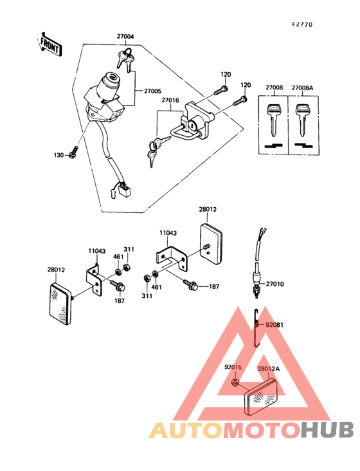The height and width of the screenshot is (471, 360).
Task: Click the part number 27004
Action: point(125,37)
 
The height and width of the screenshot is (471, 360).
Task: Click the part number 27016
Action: point(170,100)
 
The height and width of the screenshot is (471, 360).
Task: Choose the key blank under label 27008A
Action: point(301,120)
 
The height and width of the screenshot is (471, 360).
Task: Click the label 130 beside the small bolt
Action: point(59,156)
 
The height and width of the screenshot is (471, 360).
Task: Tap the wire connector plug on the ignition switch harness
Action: point(122,190)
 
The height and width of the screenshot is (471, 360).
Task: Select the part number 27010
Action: point(274,282)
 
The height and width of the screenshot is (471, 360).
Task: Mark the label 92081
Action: point(274,325)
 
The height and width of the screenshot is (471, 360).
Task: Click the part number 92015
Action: point(232,368)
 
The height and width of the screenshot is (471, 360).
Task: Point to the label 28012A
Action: point(269,369)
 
